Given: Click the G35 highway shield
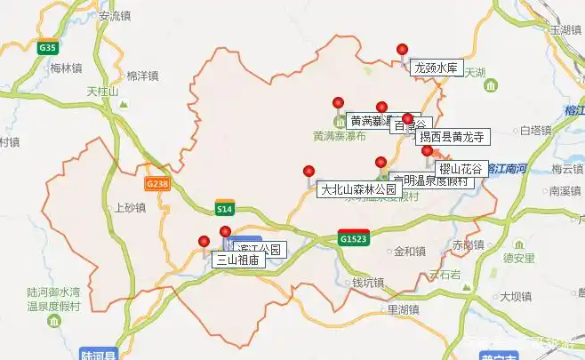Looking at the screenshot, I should coord(48,48).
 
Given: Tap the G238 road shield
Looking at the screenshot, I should coord(156,183).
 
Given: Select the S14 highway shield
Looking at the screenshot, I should coord(225,209).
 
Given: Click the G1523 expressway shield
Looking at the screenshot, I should coord(353,238).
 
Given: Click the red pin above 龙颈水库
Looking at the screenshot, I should coord(403,50).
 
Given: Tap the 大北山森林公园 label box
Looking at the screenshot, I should coord(357,189).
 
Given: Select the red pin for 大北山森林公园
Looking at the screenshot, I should coord(309,172).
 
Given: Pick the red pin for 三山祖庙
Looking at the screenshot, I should coord(204,241).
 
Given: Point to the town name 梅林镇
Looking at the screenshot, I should coord(67,68).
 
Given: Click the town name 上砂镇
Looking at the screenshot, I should coord(130,208).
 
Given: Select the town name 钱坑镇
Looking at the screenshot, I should coord(367,284).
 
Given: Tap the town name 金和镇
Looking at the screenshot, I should coord(410,251).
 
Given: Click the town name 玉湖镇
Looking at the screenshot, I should coord(565,29).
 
